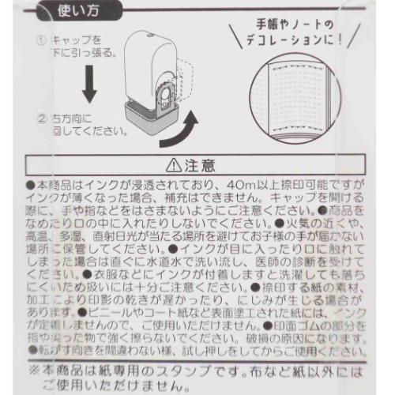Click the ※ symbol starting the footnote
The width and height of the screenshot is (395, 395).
coord(33,368)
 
